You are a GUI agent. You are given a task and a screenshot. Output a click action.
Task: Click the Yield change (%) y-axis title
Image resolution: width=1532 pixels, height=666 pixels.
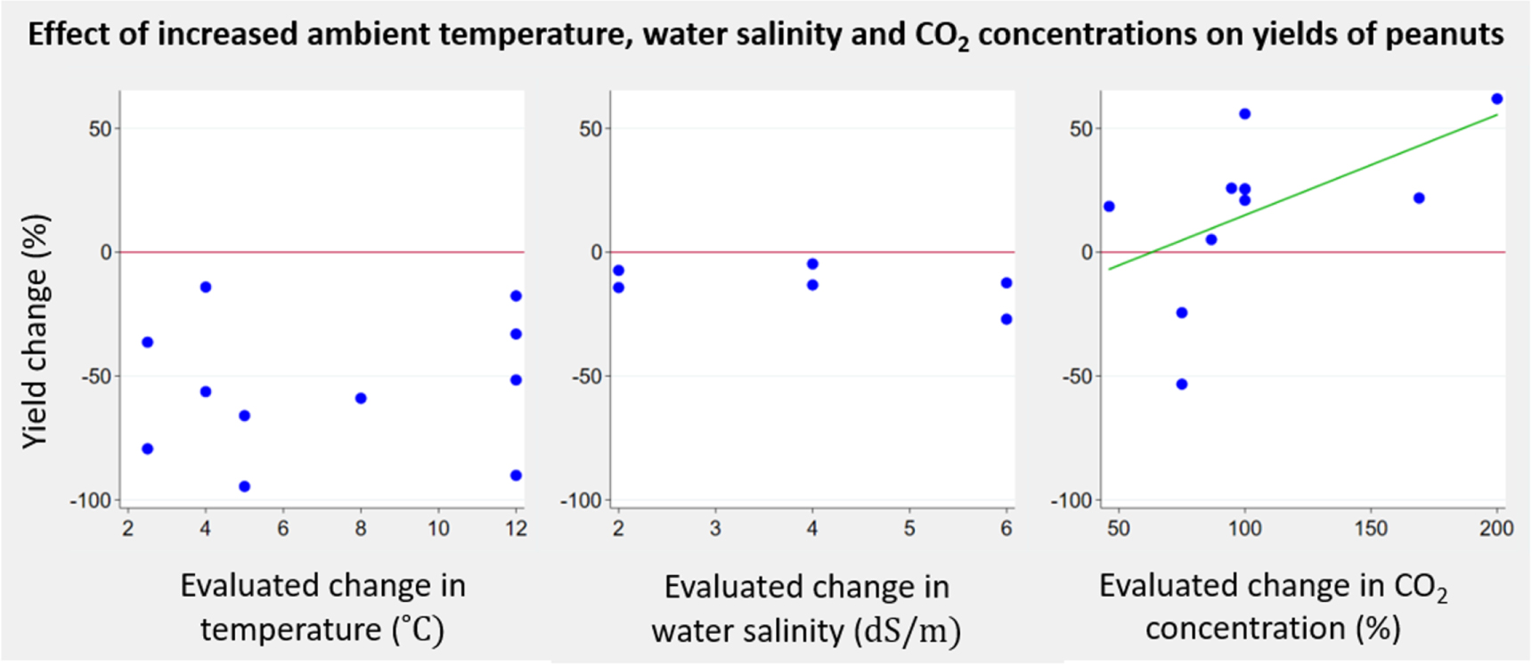(35, 331)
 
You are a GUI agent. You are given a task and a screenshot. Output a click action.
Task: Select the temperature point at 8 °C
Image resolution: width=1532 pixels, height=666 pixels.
(361, 398)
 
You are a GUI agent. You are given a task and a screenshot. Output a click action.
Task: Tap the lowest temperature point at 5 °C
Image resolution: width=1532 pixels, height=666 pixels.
(244, 486)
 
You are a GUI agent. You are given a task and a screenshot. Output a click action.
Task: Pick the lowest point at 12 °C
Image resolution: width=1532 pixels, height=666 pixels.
(516, 475)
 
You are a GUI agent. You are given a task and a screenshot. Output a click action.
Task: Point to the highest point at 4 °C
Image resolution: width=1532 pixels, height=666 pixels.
(206, 287)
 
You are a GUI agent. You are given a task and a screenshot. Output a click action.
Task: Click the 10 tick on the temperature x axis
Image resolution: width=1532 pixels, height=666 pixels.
(438, 529)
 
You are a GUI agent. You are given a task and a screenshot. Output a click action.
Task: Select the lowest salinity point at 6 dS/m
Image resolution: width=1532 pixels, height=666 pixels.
(1006, 319)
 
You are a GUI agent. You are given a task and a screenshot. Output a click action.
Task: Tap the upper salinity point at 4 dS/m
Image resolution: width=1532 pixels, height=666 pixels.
(812, 264)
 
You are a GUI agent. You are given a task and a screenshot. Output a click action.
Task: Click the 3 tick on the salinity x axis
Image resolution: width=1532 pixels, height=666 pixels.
(715, 529)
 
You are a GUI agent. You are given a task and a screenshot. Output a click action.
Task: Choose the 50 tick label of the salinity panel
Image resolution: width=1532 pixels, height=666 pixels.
(591, 129)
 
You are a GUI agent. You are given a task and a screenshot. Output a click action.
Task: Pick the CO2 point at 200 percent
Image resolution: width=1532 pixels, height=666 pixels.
(1497, 99)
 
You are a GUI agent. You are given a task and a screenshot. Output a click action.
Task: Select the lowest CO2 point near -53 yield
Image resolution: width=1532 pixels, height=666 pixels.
(1182, 384)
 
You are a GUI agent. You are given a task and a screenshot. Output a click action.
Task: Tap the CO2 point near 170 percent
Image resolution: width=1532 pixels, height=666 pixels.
(1419, 198)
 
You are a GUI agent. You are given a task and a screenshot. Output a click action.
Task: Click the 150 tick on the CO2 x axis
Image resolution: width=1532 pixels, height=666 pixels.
(1371, 529)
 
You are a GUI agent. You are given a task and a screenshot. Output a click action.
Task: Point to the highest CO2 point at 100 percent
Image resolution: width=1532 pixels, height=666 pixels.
(1245, 114)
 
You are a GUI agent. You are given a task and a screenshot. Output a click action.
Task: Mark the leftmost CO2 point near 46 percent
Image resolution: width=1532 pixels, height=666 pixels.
(1109, 207)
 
